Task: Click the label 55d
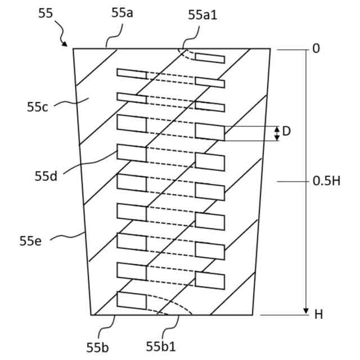click(46, 175)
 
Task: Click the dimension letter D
click(286, 132)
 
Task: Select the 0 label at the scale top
click(316, 49)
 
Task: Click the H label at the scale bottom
click(318, 314)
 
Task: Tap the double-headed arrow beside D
click(276, 133)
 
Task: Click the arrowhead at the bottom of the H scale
click(306, 310)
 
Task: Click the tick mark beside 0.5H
click(292, 181)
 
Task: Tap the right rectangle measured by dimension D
click(209, 132)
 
